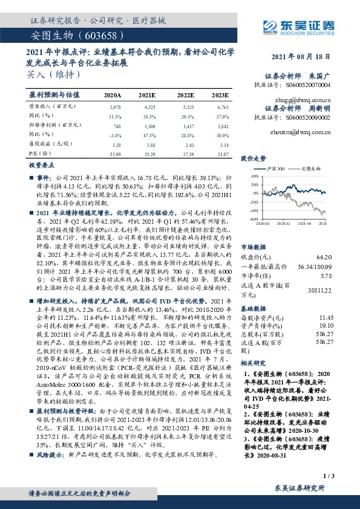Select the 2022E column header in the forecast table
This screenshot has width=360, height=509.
point(186,96)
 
